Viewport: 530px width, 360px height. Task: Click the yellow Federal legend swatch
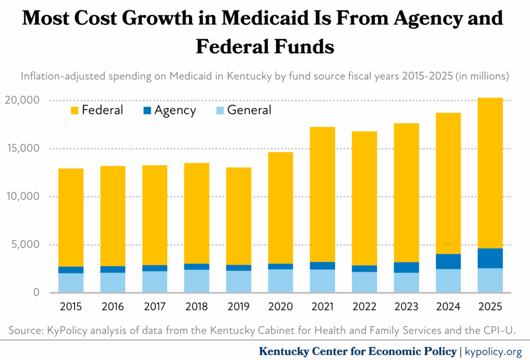coord(74,110)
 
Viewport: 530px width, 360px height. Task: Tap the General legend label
coord(249,110)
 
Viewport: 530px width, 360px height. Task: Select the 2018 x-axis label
coord(197,307)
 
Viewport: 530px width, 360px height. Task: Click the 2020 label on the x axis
coord(280,307)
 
